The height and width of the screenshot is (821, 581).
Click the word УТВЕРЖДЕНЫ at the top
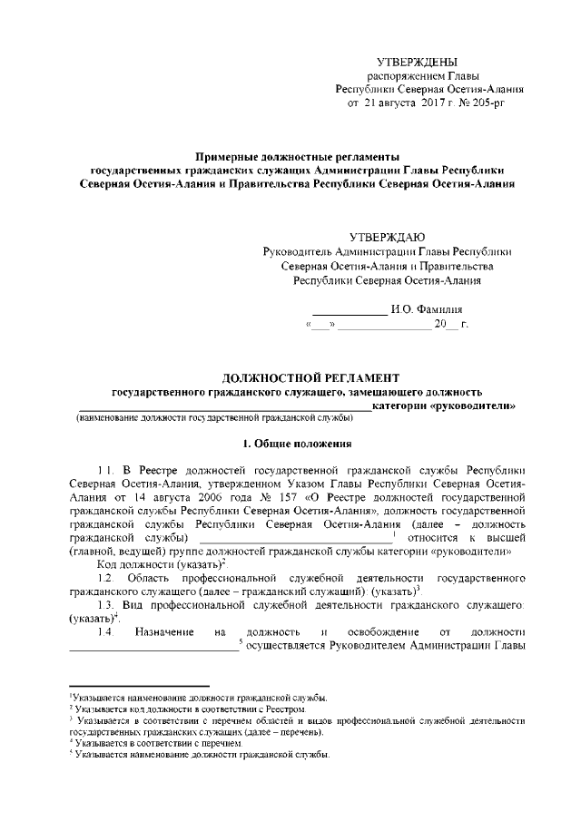pyautogui.click(x=418, y=61)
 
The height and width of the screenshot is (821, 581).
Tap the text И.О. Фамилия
pyautogui.click(x=427, y=309)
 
